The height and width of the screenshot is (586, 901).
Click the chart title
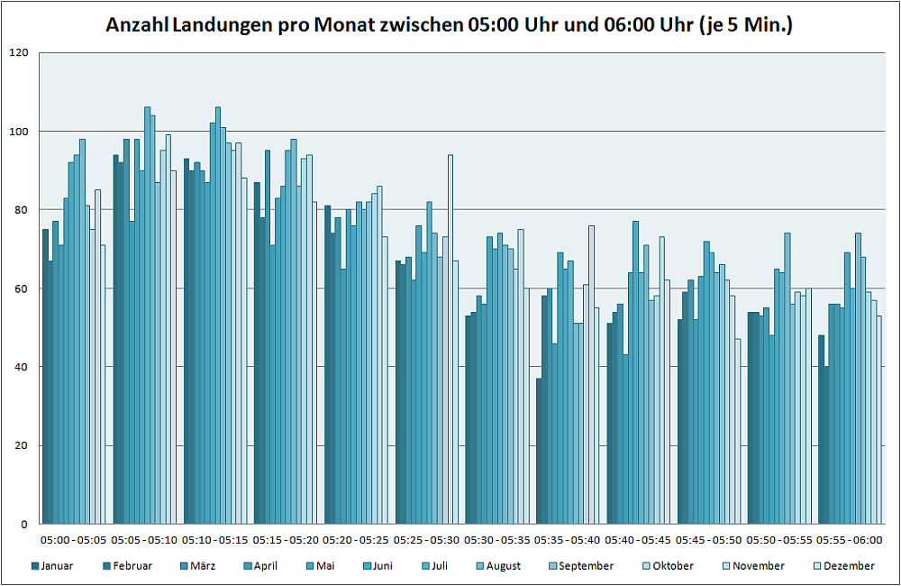point(449,25)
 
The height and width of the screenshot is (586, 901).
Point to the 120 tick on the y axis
point(18,53)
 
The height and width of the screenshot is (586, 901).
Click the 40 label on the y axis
point(18,367)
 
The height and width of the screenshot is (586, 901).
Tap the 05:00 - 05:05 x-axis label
point(73,540)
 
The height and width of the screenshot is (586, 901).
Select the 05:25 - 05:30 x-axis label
point(427,540)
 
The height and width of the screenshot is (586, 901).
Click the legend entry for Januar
point(54,566)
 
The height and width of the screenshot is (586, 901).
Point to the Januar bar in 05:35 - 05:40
point(539,451)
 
